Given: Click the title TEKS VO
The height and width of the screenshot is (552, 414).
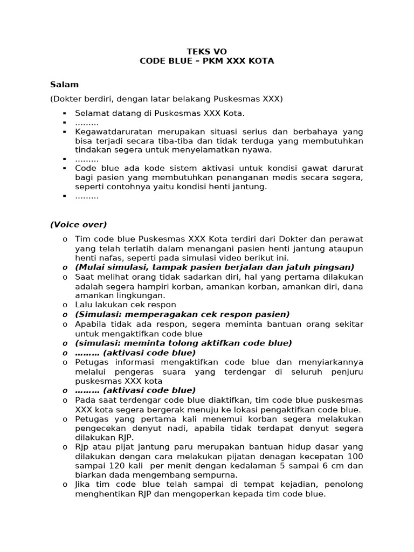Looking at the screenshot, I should click(206, 51).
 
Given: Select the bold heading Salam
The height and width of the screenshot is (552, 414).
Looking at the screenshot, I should click(64, 85).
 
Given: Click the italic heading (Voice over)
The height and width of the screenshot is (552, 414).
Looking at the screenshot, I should click(78, 225).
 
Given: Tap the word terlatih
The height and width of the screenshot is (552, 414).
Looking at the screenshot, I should click(140, 249).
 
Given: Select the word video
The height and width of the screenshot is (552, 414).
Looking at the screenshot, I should click(224, 258).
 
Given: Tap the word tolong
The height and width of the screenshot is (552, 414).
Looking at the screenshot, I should click(180, 343).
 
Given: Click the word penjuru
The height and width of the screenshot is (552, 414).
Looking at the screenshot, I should click(344, 371).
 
